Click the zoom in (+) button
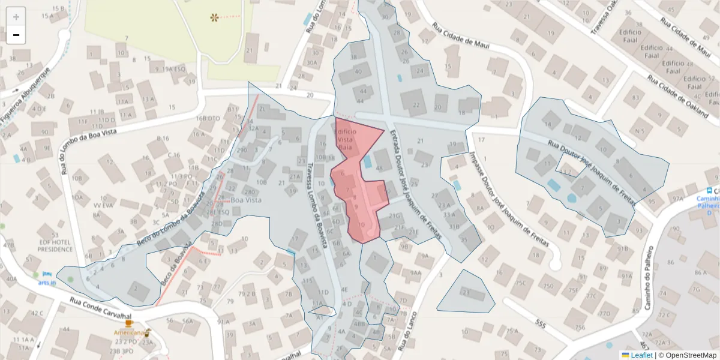point(16,16)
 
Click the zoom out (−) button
point(16,35)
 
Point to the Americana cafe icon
point(147,331)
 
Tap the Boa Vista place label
point(247,200)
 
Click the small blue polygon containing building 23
point(466,292)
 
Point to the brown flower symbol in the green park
point(214,17)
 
